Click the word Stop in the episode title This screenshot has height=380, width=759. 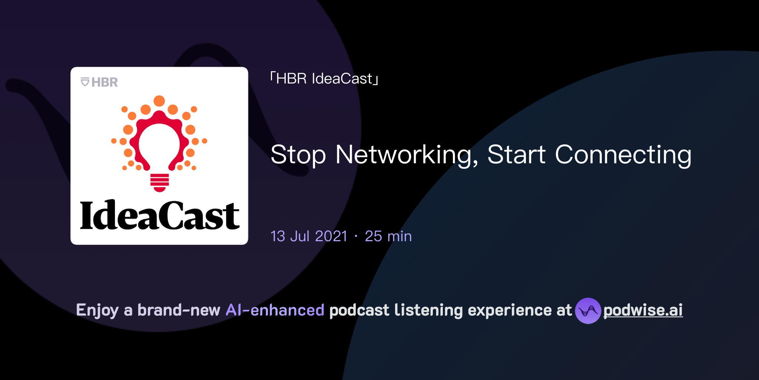[298, 155]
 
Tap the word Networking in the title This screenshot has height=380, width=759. [406, 155]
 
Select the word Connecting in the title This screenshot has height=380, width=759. [623, 155]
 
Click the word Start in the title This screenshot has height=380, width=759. [516, 155]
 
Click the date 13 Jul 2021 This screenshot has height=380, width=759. [309, 236]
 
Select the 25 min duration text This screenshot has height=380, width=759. [388, 236]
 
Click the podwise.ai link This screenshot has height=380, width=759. [643, 310]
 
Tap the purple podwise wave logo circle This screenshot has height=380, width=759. [588, 311]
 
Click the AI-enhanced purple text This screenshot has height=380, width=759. [275, 310]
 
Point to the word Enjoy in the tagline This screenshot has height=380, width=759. [97, 310]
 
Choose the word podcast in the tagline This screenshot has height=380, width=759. [359, 310]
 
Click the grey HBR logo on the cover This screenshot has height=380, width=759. [99, 82]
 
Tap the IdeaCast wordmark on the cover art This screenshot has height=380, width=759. [159, 215]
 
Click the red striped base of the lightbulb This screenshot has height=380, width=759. [160, 182]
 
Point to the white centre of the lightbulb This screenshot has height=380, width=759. [159, 143]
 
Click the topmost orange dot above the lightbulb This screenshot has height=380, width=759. [159, 101]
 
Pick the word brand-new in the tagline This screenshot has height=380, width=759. [179, 310]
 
